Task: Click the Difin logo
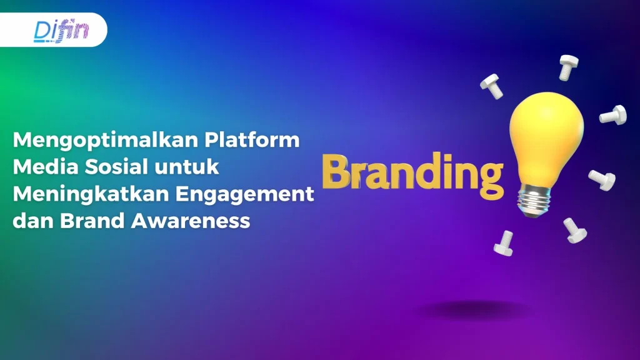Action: (x=61, y=30)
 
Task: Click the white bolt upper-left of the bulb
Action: (x=492, y=86)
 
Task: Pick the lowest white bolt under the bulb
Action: (x=503, y=242)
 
